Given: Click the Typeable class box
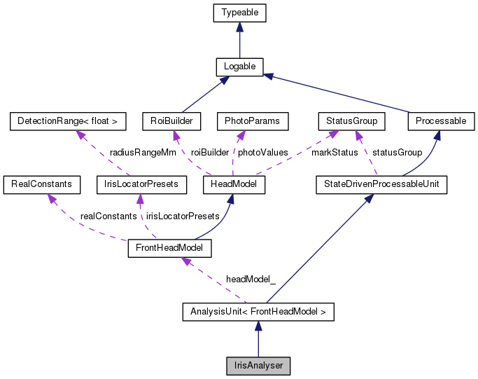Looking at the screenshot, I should tap(239, 13).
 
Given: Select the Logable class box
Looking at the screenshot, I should tap(239, 67).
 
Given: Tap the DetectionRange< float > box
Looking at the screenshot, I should tap(68, 121).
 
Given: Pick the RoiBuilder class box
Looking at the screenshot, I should tap(171, 121).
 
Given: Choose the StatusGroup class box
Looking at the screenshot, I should tap(352, 121).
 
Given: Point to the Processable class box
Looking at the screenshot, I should tap(440, 121).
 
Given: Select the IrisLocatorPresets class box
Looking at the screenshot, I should tap(142, 184).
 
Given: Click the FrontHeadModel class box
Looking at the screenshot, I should tap(169, 248).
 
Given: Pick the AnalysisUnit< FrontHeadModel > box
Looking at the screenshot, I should tap(258, 311).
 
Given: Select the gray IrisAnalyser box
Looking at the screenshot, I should tap(258, 365).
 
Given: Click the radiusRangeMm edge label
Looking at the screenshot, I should tap(143, 152).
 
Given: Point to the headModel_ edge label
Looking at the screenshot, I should tap(251, 279).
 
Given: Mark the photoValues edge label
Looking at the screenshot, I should tap(262, 152).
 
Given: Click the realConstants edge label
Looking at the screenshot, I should tap(108, 216).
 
